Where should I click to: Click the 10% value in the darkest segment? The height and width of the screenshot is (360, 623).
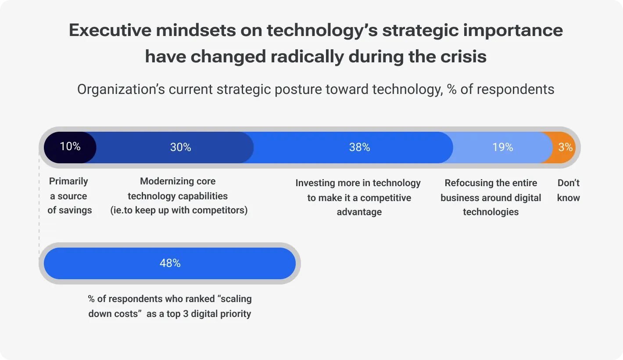point(70,147)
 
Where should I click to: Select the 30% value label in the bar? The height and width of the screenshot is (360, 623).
point(180,148)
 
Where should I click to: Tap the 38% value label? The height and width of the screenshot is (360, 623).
point(359,148)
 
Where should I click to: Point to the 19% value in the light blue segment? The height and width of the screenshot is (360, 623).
point(502,148)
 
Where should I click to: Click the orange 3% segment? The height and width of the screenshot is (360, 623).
point(565,148)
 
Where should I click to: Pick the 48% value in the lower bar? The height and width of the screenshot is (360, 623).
point(170,263)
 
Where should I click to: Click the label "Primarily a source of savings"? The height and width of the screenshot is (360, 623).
point(69,196)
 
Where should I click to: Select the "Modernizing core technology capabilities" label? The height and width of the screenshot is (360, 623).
point(178,189)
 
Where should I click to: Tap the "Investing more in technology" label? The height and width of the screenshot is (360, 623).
point(358,183)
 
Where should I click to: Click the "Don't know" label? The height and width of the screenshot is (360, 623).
point(568,190)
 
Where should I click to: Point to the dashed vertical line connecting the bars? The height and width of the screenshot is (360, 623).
point(39,202)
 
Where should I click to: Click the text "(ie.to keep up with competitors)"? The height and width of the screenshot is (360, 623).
point(179,210)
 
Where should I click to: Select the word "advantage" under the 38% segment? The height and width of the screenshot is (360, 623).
point(359,212)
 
